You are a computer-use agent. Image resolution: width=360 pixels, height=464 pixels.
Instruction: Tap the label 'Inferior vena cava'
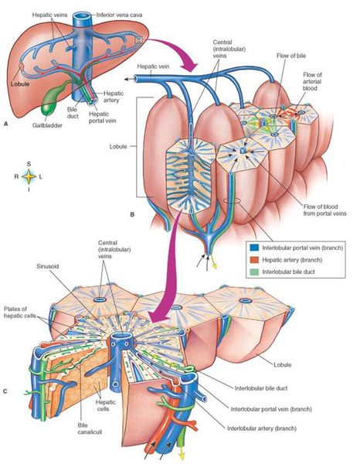tap(120, 15)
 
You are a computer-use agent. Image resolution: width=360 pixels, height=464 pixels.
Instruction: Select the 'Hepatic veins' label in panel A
tap(49, 15)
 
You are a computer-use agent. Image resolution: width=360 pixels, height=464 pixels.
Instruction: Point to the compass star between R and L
tap(29, 176)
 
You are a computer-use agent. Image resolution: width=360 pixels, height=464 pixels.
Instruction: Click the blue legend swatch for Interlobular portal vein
tap(254, 247)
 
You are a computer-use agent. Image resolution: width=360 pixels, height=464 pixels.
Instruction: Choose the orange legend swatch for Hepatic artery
tap(254, 260)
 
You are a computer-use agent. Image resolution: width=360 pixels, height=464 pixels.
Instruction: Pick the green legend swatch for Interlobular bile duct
tap(254, 271)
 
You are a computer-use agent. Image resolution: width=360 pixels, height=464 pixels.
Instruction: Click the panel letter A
tap(5, 125)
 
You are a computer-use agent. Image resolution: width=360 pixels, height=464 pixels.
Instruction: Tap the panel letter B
tap(132, 214)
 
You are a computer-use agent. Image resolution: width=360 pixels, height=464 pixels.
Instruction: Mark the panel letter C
tap(5, 391)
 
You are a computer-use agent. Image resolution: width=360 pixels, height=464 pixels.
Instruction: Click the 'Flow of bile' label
tap(291, 56)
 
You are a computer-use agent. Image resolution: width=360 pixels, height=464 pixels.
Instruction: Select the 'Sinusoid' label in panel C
tap(48, 266)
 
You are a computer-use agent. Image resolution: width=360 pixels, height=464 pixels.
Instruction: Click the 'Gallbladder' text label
tap(47, 125)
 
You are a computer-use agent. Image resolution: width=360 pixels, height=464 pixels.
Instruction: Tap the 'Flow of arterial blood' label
tap(312, 81)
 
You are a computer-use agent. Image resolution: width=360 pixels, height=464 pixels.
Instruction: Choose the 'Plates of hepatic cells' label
tap(19, 312)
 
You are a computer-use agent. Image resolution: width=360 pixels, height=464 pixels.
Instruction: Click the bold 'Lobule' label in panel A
tap(20, 84)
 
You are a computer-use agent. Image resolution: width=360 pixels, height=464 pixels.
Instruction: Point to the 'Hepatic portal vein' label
tap(102, 118)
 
